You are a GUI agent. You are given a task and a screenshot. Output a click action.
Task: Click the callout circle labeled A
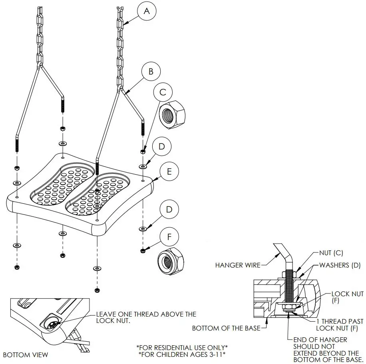[147, 12]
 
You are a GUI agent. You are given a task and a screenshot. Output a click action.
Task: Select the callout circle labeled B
[151, 72]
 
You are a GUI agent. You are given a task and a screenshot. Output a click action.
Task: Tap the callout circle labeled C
[163, 92]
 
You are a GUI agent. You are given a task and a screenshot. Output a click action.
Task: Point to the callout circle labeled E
[169, 171]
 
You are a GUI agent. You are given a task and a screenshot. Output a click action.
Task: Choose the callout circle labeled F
[169, 236]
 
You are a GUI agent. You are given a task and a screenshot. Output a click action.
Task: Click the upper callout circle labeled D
[161, 147]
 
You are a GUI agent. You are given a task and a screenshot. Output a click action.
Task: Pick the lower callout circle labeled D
[169, 209]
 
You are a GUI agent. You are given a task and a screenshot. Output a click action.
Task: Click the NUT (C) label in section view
[331, 253]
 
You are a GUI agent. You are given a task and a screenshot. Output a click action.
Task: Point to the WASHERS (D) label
[340, 265]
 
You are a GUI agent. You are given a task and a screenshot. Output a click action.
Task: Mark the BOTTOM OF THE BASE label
[227, 329]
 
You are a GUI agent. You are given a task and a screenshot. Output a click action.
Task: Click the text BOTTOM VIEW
[25, 355]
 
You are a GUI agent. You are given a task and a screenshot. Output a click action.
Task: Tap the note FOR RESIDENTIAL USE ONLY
[182, 347]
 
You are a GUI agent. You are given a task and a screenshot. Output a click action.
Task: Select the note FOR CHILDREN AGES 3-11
[182, 354]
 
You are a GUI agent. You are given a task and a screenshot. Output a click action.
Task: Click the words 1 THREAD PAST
[340, 321]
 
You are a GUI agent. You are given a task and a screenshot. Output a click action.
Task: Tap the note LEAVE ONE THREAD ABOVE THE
[146, 314]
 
